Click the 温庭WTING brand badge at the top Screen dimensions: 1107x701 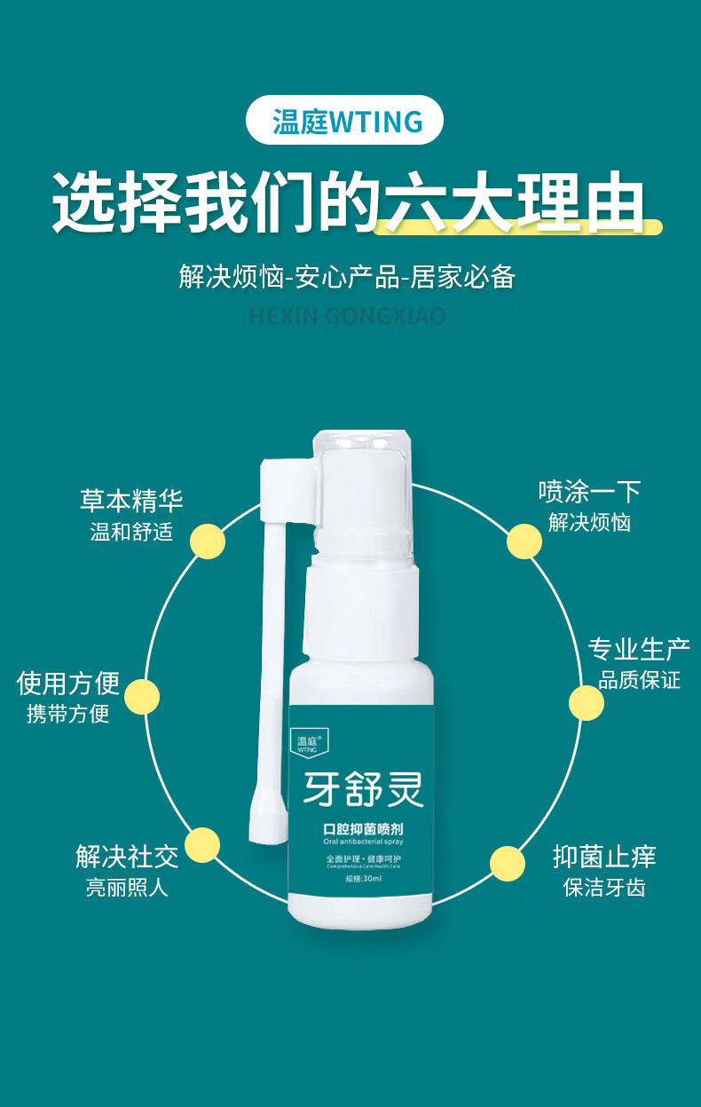344,120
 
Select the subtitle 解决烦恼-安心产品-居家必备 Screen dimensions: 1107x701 347,276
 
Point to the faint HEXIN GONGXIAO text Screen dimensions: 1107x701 347,316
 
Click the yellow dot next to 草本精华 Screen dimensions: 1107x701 208,542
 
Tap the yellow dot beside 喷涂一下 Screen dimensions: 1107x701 524,542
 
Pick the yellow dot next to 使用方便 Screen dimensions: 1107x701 142,697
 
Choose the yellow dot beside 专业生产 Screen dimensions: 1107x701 587,702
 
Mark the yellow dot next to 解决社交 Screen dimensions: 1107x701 202,845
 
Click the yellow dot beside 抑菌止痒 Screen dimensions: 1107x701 508,863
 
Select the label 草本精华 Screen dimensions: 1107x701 131,501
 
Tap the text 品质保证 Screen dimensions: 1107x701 639,680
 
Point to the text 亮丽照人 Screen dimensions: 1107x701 127,887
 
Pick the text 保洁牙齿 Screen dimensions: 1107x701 604,887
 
